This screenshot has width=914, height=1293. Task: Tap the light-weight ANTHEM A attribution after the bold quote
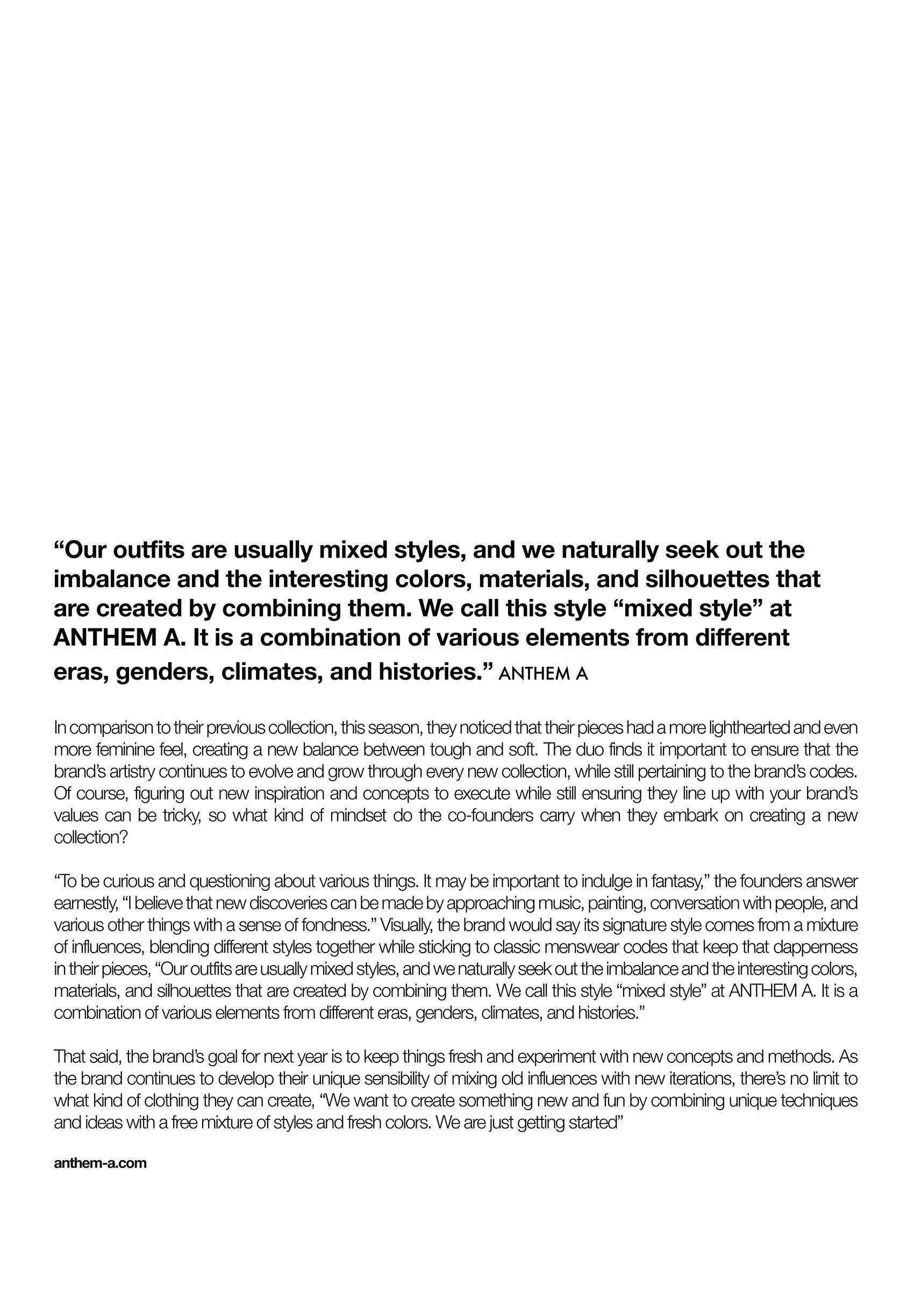coord(544,674)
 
